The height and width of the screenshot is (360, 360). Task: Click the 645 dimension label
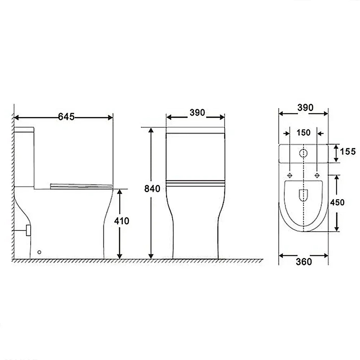pos(66,117)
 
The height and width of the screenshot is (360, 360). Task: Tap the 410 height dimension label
pos(122,221)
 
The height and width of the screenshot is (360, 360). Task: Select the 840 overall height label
pos(152,189)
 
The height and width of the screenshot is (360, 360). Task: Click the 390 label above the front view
pos(197,112)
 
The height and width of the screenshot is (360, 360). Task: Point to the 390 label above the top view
pos(305,107)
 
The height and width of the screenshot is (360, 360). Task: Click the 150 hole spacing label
pos(303,132)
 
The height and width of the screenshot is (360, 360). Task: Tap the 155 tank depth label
pos(348,152)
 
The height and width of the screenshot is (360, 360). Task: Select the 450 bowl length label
pos(337,202)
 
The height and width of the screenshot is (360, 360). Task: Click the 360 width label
pos(304,262)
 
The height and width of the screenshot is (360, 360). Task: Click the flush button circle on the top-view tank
pos(303,153)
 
